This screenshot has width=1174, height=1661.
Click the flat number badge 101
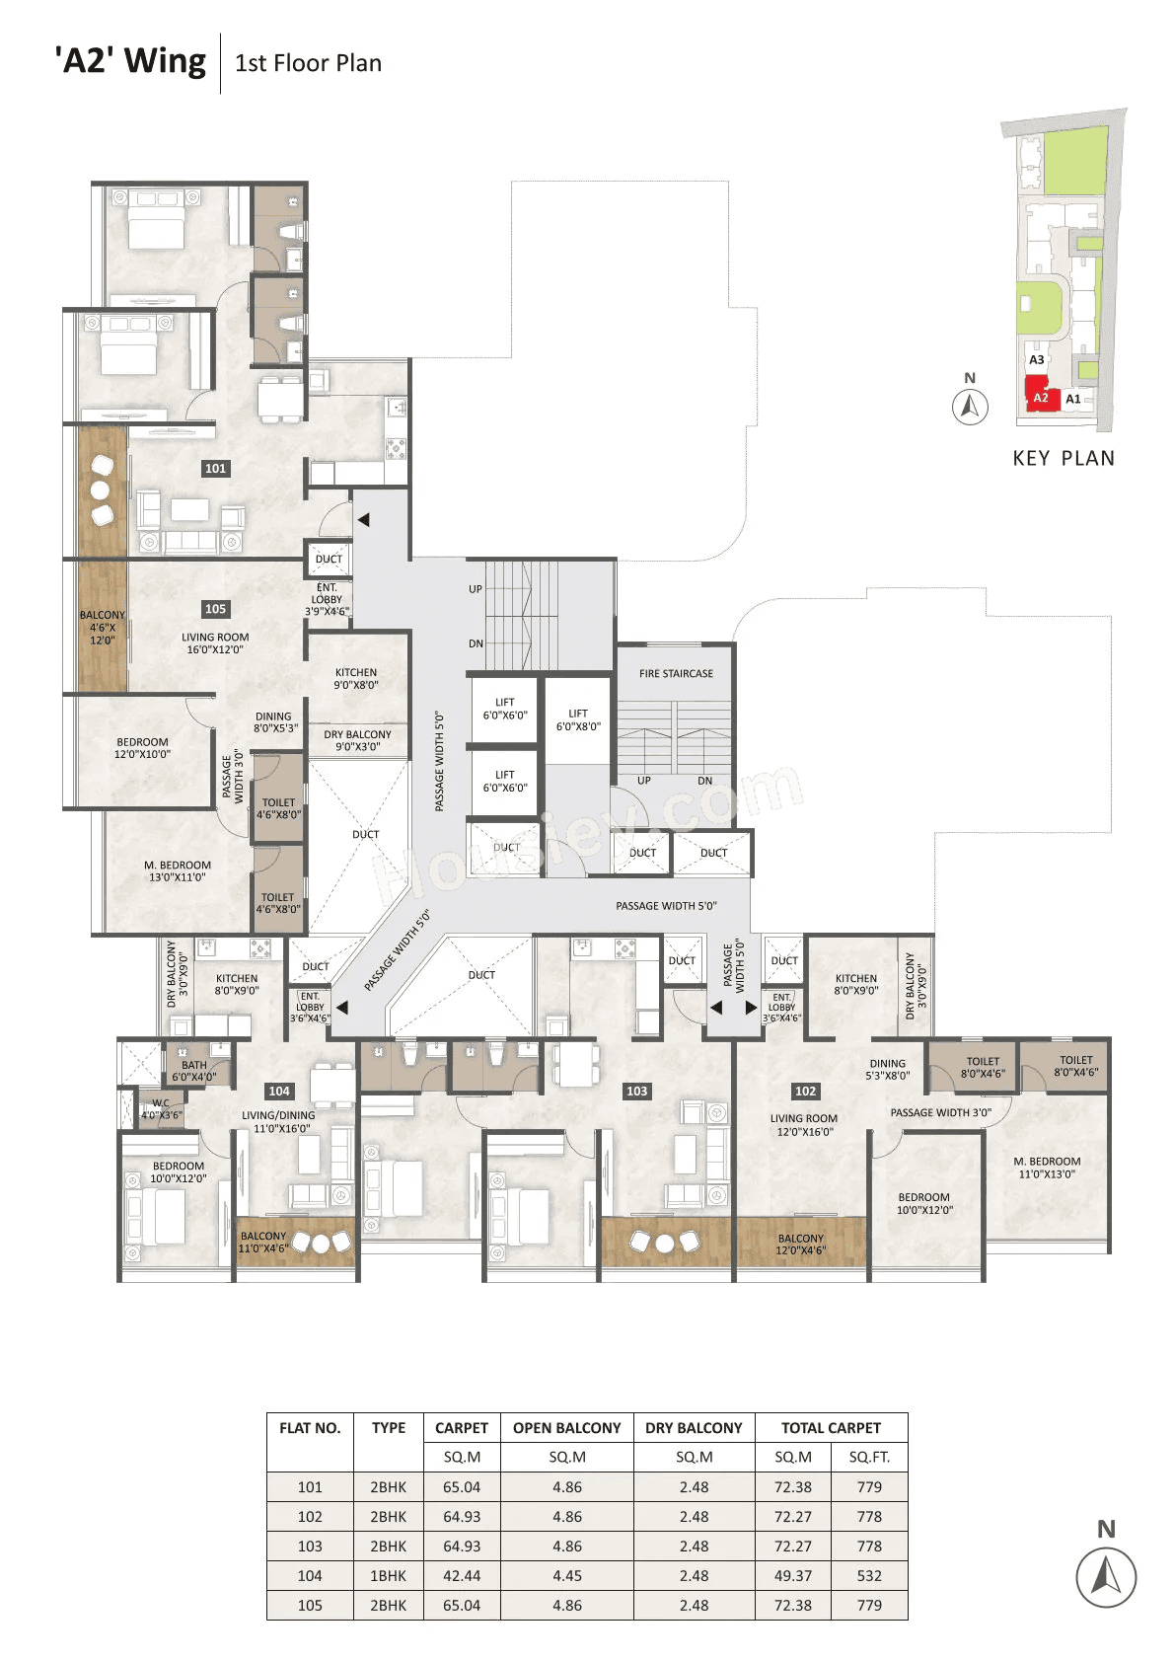[x=215, y=469]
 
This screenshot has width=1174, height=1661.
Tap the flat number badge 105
[x=215, y=609]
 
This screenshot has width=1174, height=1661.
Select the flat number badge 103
[x=636, y=1091]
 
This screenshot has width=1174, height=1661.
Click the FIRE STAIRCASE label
[x=676, y=673]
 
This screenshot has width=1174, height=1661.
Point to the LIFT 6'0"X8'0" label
[x=578, y=719]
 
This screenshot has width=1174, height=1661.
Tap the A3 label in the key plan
[x=1036, y=360]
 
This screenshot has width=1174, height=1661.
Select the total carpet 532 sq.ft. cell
[x=869, y=1576]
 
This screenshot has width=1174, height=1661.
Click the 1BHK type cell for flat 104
[x=388, y=1576]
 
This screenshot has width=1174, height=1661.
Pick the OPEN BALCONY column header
[x=566, y=1428]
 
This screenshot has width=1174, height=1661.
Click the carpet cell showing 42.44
[x=462, y=1576]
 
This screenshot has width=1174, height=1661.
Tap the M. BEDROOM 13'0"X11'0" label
[x=178, y=870]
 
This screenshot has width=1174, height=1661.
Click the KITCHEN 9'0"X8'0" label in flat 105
[x=356, y=678]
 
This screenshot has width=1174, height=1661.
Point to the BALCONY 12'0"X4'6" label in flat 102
[x=800, y=1244]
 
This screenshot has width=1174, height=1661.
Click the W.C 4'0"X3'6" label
[x=161, y=1109]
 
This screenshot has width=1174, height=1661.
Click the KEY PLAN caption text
[x=1064, y=458]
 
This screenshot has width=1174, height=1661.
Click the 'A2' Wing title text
[x=131, y=61]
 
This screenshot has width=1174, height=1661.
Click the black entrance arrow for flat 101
[x=363, y=519]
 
